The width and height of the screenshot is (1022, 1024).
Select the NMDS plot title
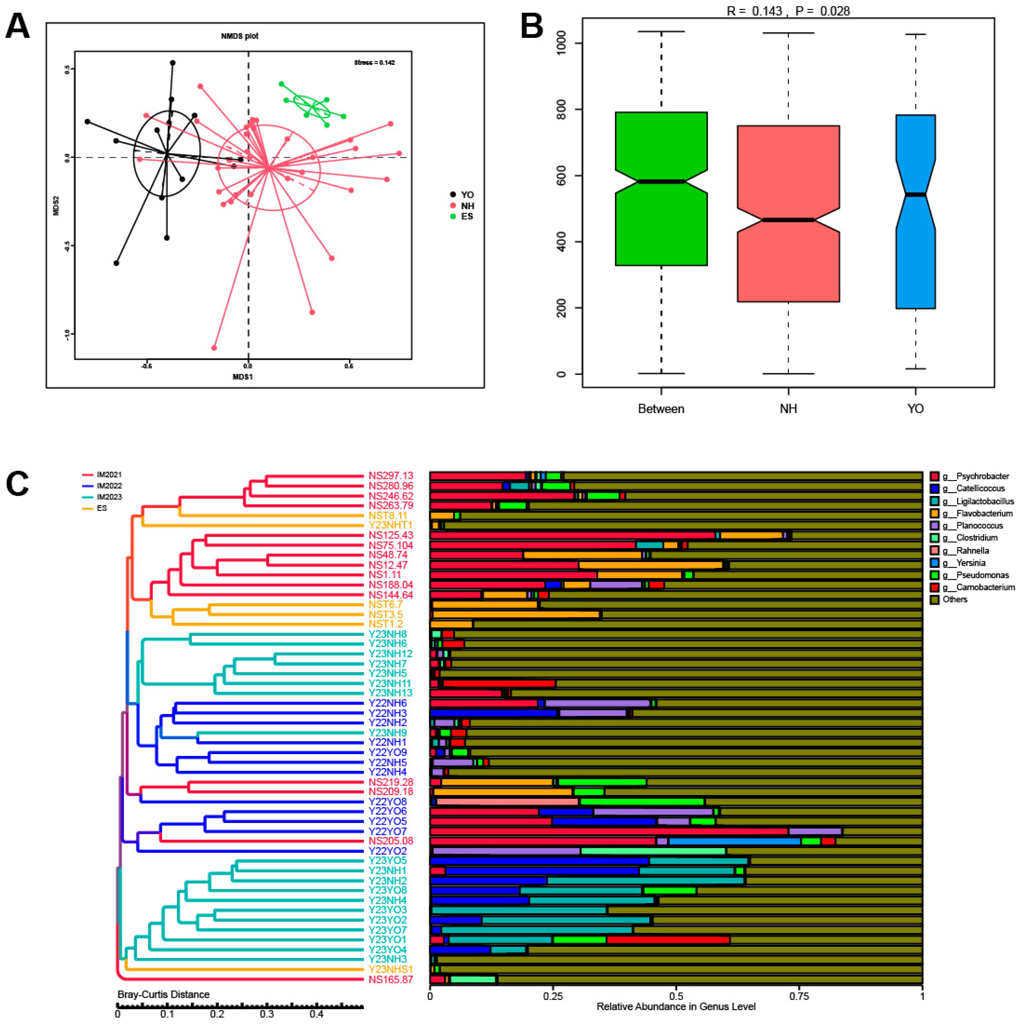tap(240, 36)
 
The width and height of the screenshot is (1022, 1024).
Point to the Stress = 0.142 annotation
tap(375, 63)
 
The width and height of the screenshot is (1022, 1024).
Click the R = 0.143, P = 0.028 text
tap(788, 10)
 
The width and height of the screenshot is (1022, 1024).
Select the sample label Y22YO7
tap(388, 831)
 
